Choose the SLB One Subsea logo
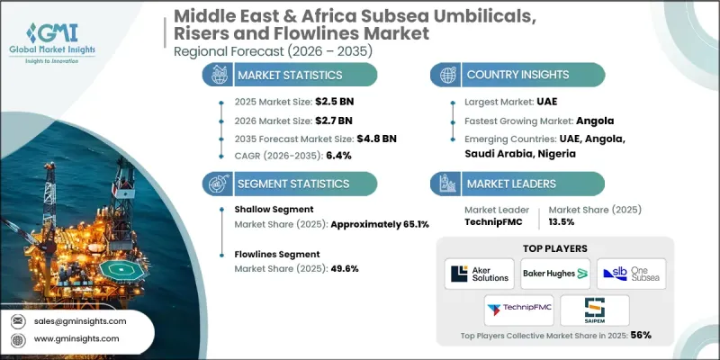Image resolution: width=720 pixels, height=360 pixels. [x=631, y=272]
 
